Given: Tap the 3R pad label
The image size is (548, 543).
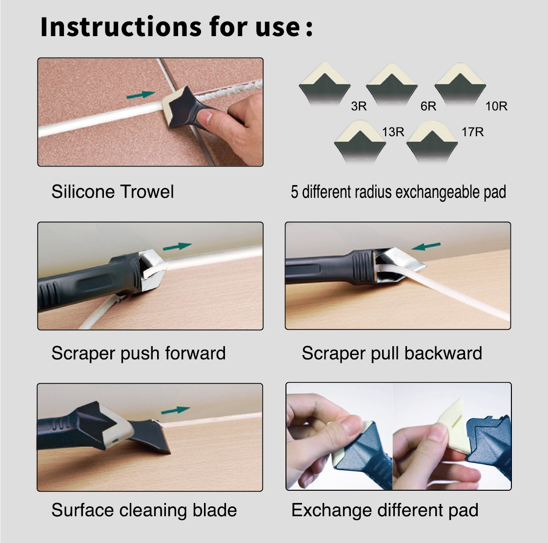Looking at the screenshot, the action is click(359, 106).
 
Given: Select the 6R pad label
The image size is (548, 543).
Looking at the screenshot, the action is click(428, 106).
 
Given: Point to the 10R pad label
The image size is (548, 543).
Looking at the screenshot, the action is click(496, 106).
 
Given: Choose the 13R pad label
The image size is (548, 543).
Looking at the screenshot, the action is click(393, 132).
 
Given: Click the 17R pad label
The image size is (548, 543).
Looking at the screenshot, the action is click(472, 132).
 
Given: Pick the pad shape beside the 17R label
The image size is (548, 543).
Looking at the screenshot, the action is click(432, 142).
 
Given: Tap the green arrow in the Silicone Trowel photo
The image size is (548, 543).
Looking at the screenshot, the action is click(141, 95).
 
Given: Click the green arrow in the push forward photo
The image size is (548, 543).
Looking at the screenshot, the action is click(178, 247).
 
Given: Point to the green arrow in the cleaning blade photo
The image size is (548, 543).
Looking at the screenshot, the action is click(176, 409).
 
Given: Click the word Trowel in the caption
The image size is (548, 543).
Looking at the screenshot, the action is click(147, 191).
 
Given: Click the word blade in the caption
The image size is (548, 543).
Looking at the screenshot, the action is click(215, 510).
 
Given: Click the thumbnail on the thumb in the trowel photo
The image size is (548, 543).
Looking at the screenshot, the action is click(205, 116).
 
